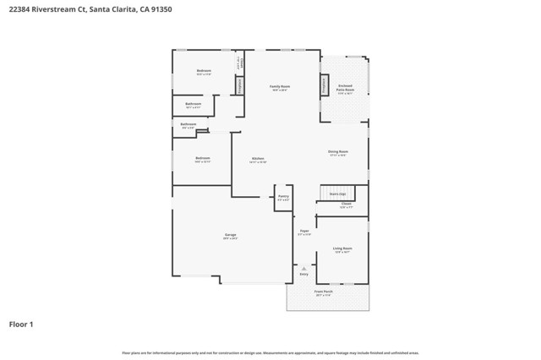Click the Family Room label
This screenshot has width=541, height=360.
click(x=280, y=86)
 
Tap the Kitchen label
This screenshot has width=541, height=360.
click(x=258, y=158)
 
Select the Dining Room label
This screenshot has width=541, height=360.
click(x=338, y=152)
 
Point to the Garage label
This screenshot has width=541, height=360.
click(x=230, y=235)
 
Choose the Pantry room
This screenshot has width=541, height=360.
click(x=283, y=197)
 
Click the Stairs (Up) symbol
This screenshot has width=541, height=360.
click(x=337, y=194)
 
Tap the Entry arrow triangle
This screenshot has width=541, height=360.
click(x=304, y=268)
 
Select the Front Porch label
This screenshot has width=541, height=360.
click(x=324, y=292)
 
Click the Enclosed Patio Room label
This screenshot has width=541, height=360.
click(x=346, y=87)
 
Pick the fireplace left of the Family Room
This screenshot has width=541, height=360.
click(x=240, y=85)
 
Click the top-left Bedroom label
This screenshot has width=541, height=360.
click(x=204, y=71)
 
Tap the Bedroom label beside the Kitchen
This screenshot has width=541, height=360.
click(x=203, y=158)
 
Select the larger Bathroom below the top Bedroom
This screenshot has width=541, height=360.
click(x=193, y=105)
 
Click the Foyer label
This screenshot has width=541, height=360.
click(x=304, y=232)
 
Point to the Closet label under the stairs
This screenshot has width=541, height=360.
click(x=346, y=204)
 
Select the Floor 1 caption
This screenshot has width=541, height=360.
click(x=22, y=324)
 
